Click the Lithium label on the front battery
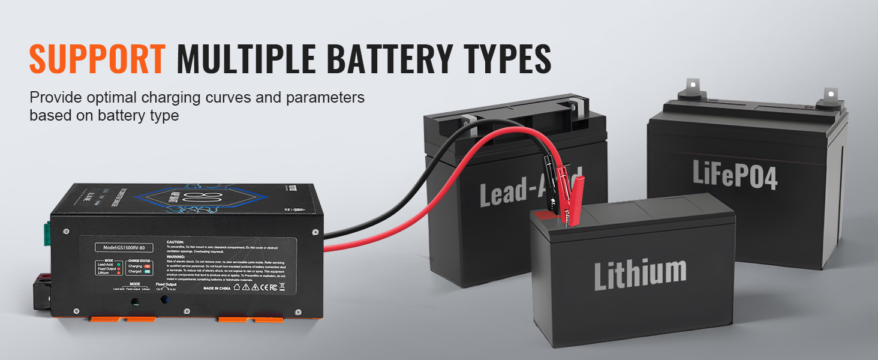pos(640,272)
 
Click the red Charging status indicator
pos(148,265)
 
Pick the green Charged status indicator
pos(148,271)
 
